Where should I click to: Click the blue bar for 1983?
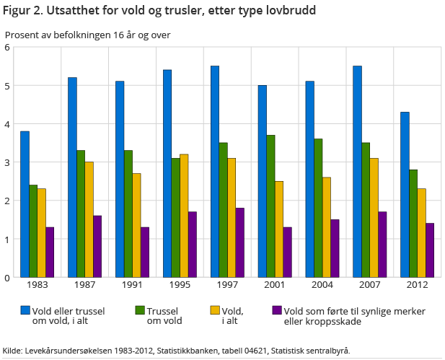pyautogui.click(x=25, y=204)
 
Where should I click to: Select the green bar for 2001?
pyautogui.click(x=270, y=206)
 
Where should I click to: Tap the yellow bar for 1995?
pyautogui.click(x=183, y=216)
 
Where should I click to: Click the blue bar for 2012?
pyautogui.click(x=405, y=195)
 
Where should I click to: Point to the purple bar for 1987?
pyautogui.click(x=97, y=246)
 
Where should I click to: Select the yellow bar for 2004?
pyautogui.click(x=326, y=227)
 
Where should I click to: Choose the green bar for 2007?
pyautogui.click(x=365, y=210)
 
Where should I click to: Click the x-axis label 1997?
pyautogui.click(x=226, y=286)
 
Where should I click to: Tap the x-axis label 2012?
pyautogui.click(x=418, y=286)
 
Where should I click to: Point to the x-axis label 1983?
pyautogui.click(x=37, y=286)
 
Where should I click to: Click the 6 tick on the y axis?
pyautogui.click(x=6, y=48)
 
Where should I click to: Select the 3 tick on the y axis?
pyautogui.click(x=6, y=162)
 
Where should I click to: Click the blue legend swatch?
pyautogui.click(x=25, y=311)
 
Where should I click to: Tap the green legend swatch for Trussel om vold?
pyautogui.click(x=140, y=311)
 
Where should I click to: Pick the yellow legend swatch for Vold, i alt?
pyautogui.click(x=214, y=311)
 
